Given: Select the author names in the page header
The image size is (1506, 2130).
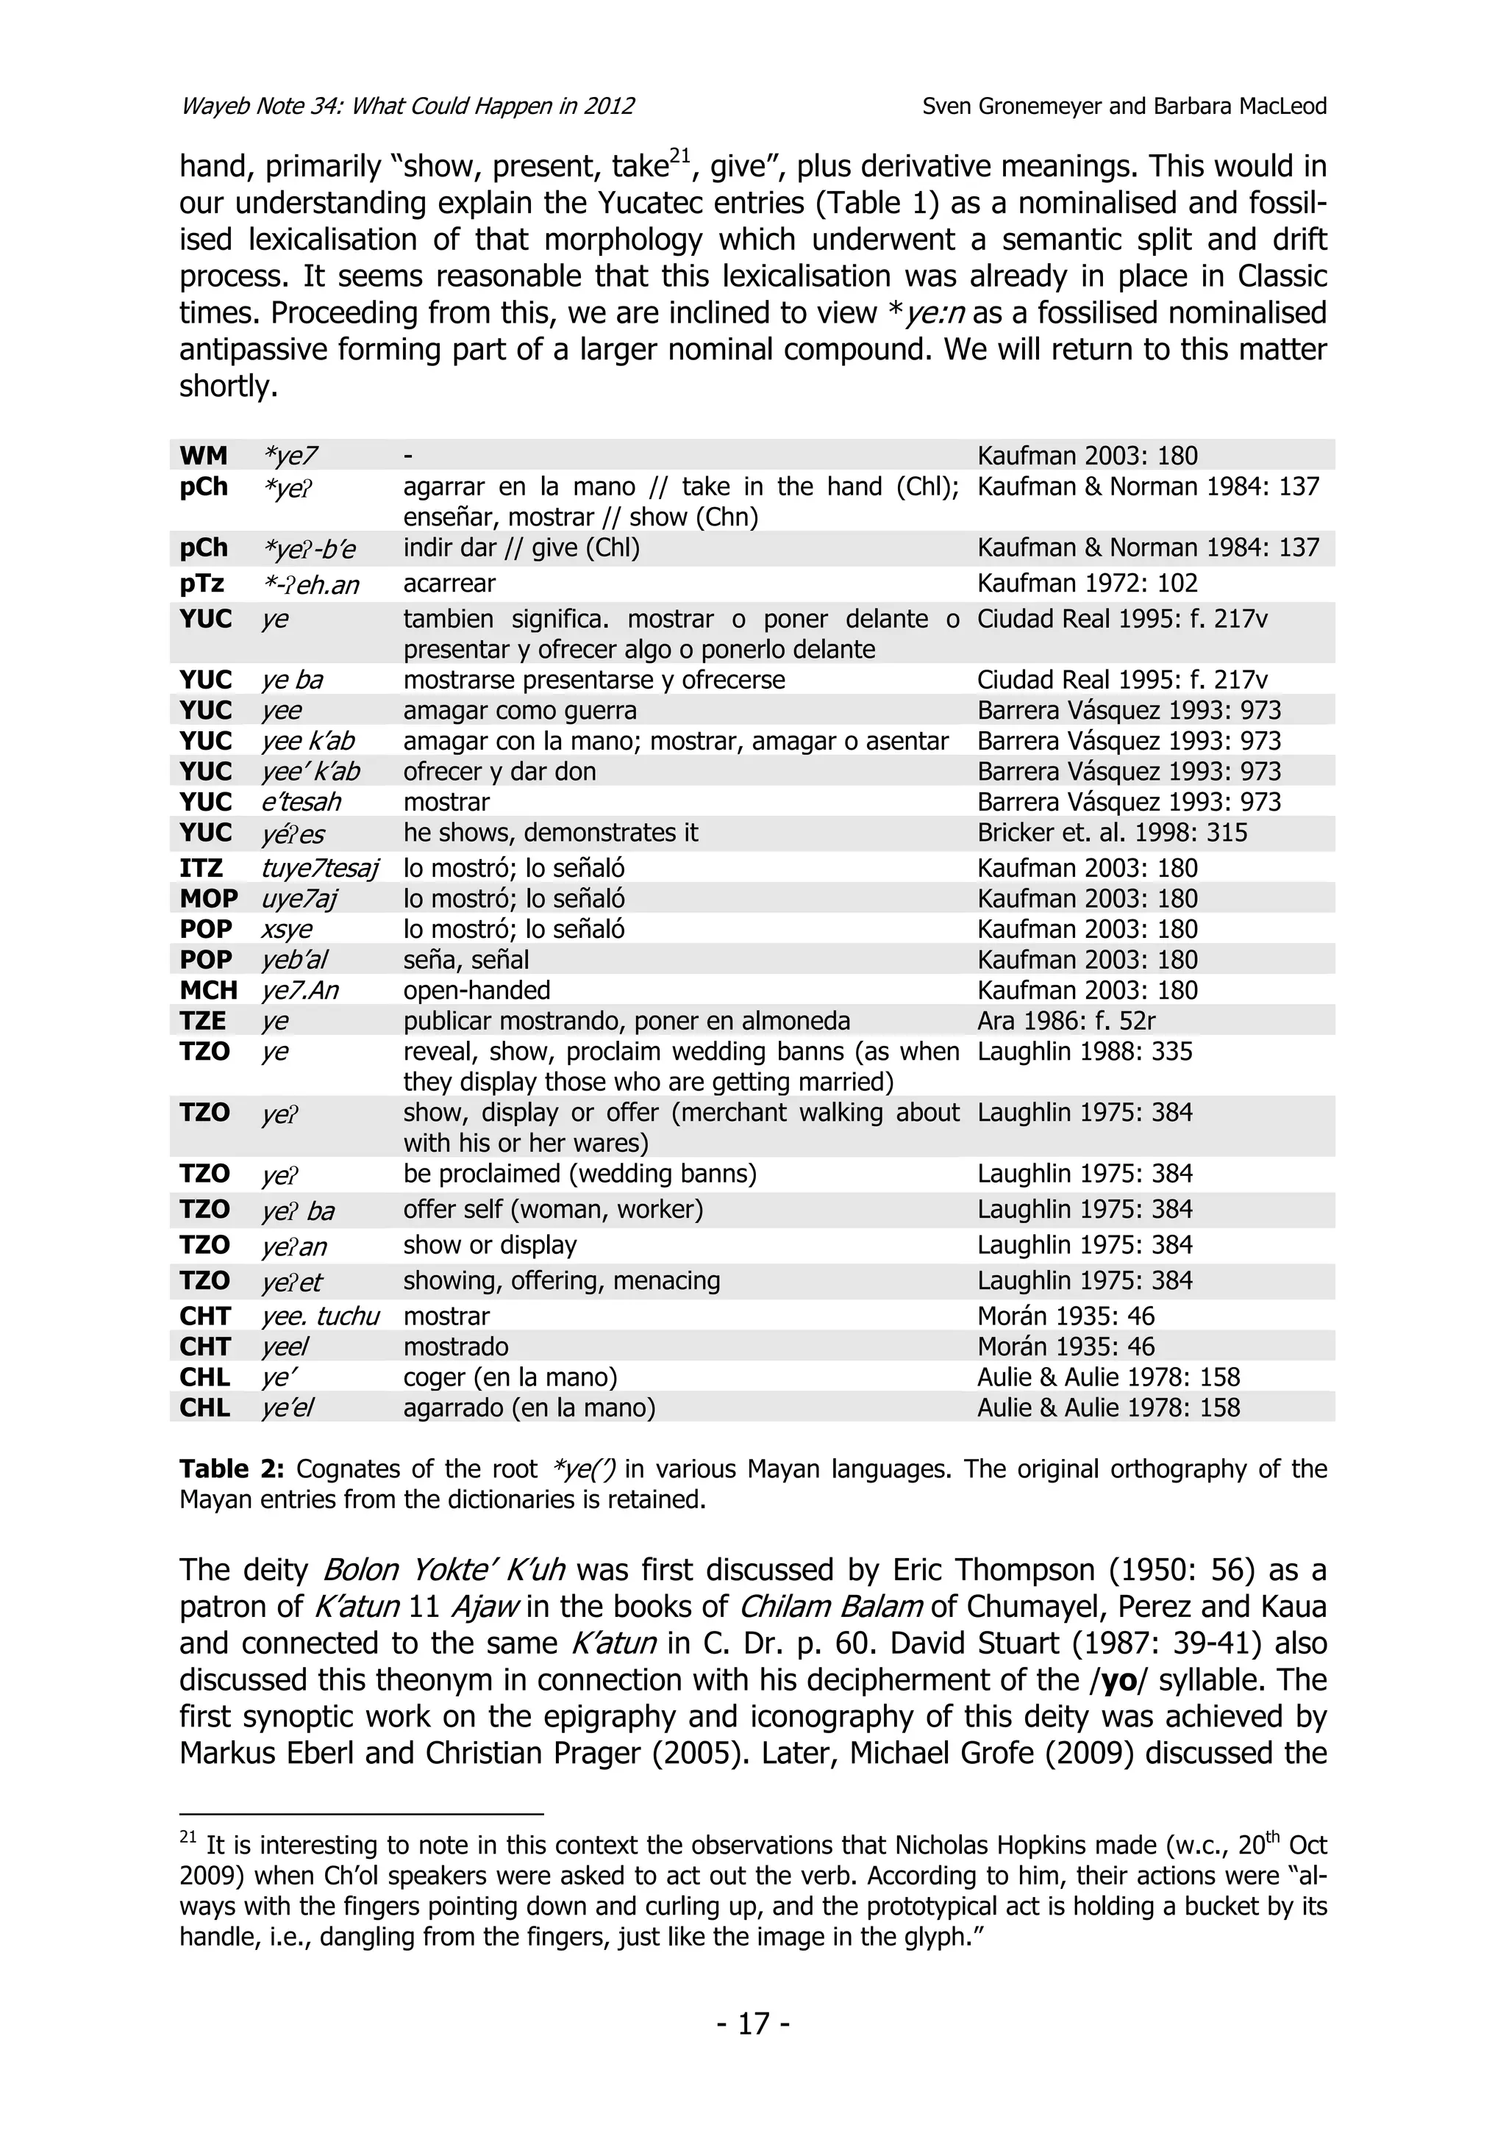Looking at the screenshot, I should pyautogui.click(x=1124, y=106).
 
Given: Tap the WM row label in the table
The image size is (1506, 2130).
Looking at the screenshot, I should pyautogui.click(x=203, y=456).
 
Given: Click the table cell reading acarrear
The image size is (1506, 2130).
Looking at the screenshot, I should pyautogui.click(x=449, y=583).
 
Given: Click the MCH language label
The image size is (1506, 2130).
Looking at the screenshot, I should pyautogui.click(x=208, y=990).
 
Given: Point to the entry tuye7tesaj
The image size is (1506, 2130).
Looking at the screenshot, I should pyautogui.click(x=320, y=868).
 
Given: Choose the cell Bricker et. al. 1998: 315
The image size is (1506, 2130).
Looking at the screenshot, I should pyautogui.click(x=1112, y=832).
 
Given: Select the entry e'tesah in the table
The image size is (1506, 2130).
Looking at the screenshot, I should pyautogui.click(x=301, y=802).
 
